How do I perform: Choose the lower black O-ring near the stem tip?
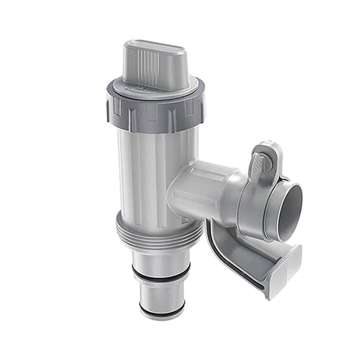(x=162, y=308)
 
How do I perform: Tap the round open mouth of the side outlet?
(x=290, y=212)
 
